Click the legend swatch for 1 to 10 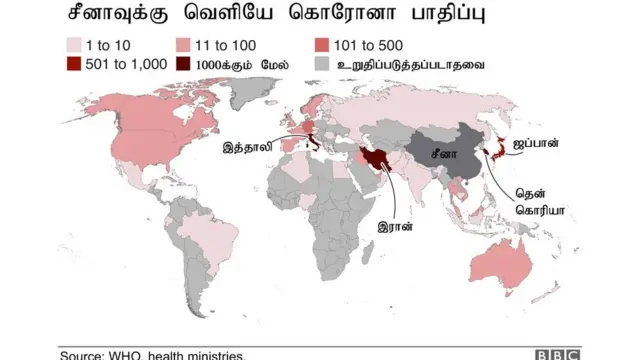[73, 45]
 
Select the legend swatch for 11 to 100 [185, 45]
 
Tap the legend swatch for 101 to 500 [321, 45]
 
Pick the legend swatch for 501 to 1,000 [73, 64]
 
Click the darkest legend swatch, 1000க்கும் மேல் [185, 64]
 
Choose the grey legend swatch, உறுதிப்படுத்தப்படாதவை [321, 64]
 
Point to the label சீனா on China [444, 156]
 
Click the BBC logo [556, 353]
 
